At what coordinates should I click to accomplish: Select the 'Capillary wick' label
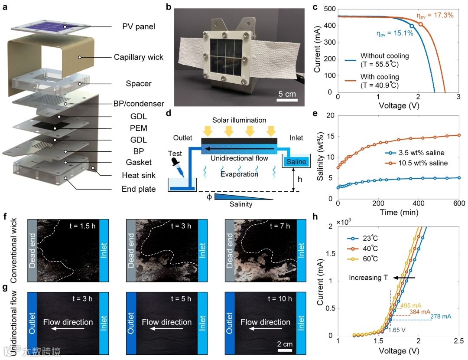pos(139,57)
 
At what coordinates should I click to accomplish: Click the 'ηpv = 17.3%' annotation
pos(435,16)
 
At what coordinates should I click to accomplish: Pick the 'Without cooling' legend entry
pos(384,56)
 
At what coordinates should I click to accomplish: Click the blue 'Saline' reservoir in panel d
pos(296,162)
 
